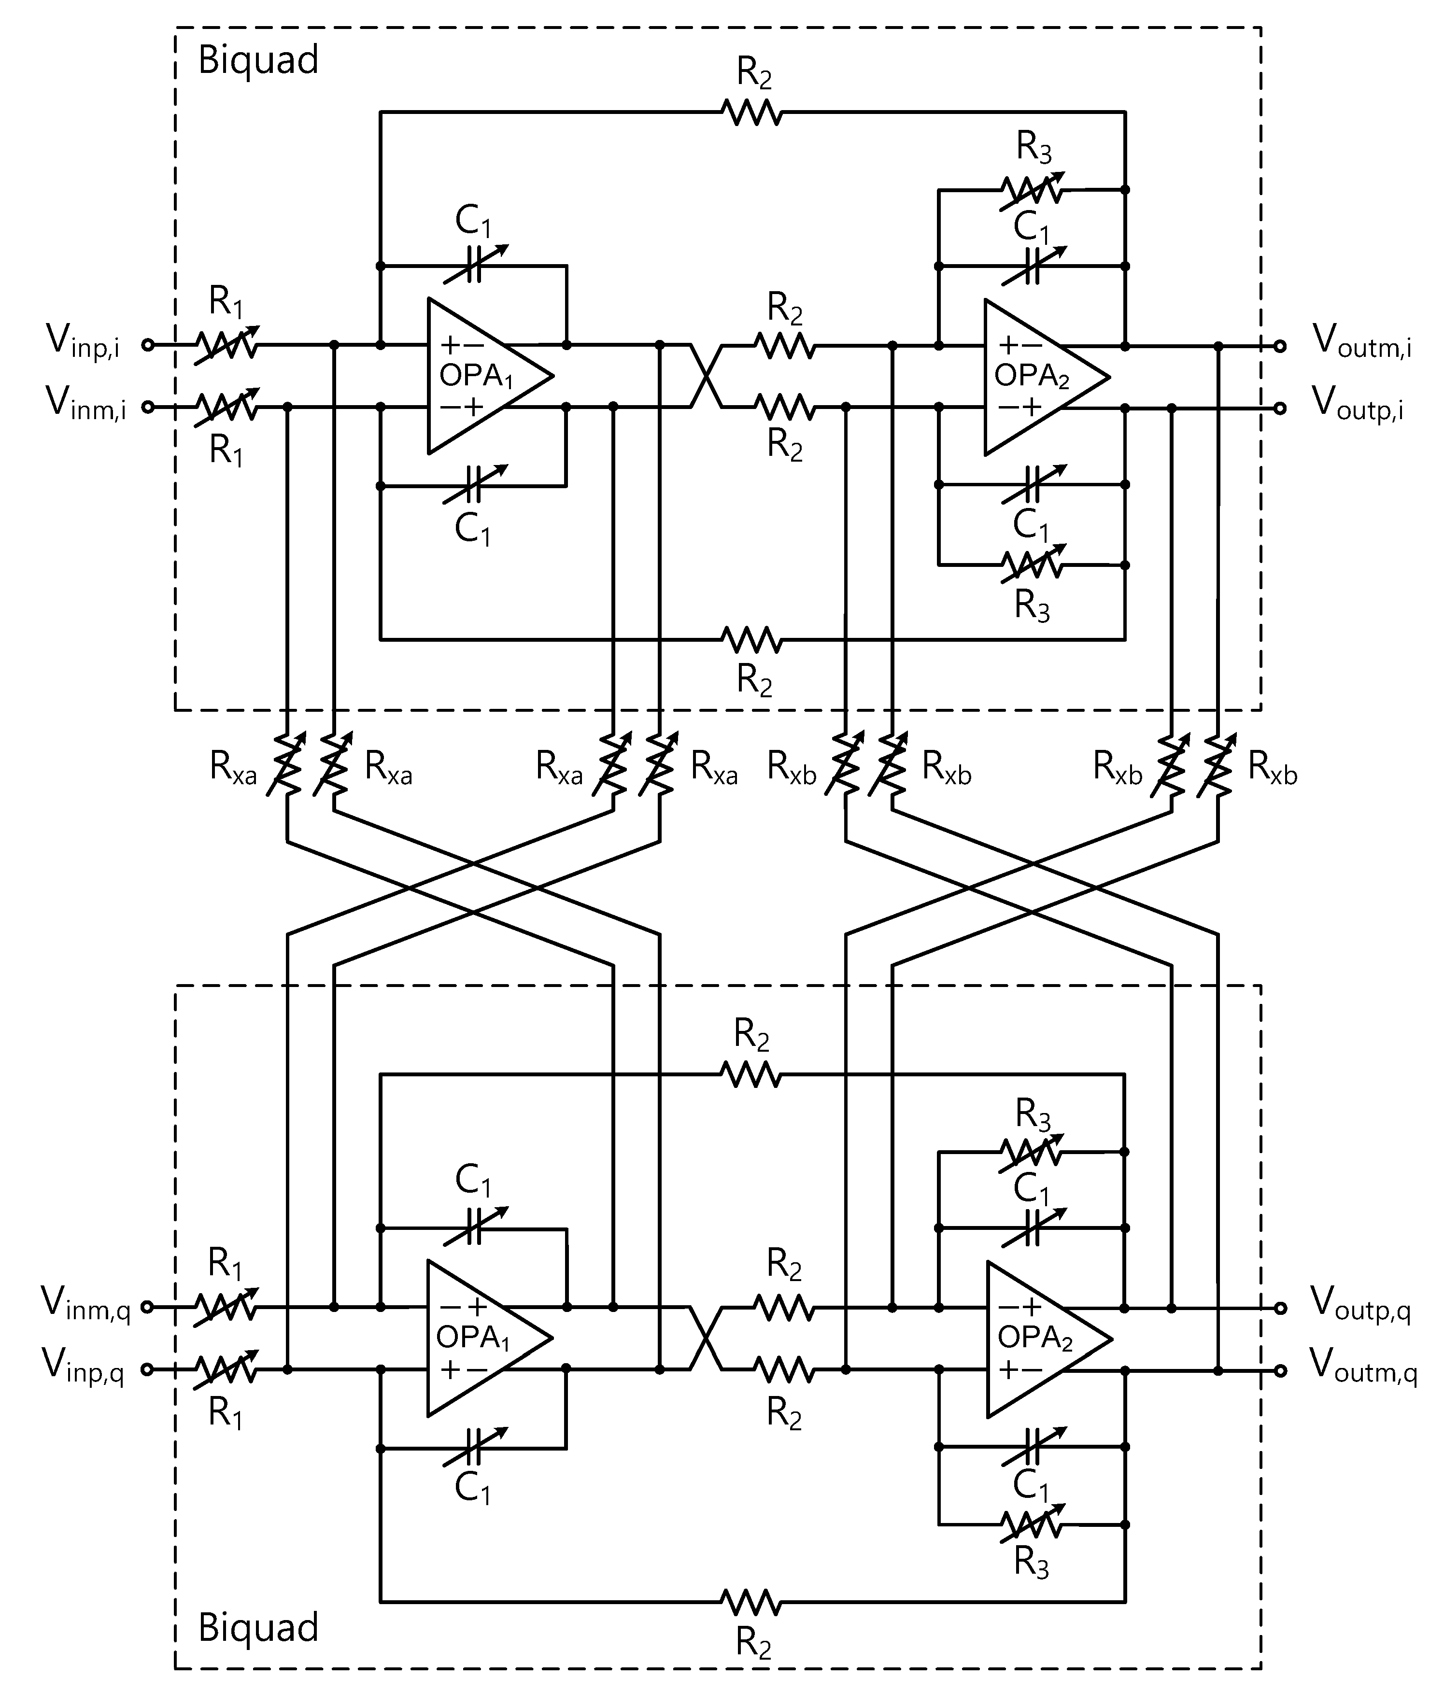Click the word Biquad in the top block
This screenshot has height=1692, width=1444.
258,60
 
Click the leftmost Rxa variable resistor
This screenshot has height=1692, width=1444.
287,763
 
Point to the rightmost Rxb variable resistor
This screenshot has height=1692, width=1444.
1218,763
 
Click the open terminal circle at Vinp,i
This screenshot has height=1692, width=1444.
148,345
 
